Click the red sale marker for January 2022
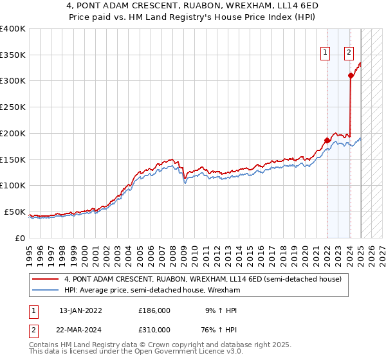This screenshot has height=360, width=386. (x=327, y=140)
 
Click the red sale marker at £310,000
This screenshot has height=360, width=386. (x=351, y=76)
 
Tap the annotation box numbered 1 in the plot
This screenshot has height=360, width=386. (x=326, y=53)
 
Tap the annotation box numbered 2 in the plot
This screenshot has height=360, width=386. (x=349, y=53)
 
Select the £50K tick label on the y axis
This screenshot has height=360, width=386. (x=15, y=212)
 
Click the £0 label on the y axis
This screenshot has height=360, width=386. (x=21, y=238)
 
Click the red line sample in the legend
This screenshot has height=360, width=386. (x=46, y=279)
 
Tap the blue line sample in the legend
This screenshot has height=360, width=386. (x=46, y=290)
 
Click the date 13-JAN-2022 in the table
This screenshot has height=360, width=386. (x=80, y=310)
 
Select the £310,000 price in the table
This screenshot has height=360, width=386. (x=154, y=328)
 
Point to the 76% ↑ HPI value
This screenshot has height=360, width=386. (x=219, y=328)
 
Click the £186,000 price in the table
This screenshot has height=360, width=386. (x=154, y=310)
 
